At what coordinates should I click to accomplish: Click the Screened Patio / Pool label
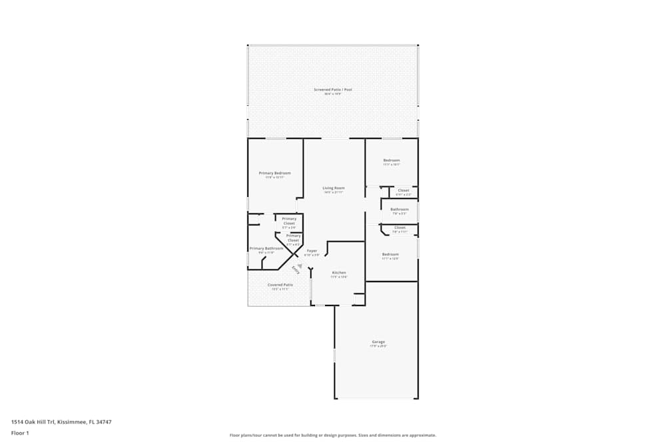click(x=332, y=89)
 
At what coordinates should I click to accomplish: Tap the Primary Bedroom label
click(x=274, y=173)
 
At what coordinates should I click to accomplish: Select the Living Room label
click(x=334, y=188)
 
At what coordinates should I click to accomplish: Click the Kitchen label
click(x=339, y=273)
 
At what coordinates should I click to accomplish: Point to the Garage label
click(x=378, y=343)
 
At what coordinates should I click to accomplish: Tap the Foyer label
click(x=312, y=251)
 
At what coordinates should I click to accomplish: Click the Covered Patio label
click(x=280, y=285)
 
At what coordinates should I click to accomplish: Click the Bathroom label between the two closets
click(x=400, y=210)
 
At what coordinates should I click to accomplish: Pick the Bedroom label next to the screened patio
click(x=392, y=160)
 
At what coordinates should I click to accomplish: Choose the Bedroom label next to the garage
click(x=390, y=254)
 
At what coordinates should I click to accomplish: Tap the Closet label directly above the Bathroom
click(x=404, y=191)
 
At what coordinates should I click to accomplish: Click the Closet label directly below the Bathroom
click(x=400, y=228)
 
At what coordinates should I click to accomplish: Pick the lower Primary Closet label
click(x=293, y=238)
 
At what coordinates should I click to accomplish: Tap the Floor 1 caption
click(x=21, y=433)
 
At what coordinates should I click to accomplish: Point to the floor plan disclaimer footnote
click(x=332, y=435)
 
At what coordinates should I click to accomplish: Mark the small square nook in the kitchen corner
click(x=359, y=299)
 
